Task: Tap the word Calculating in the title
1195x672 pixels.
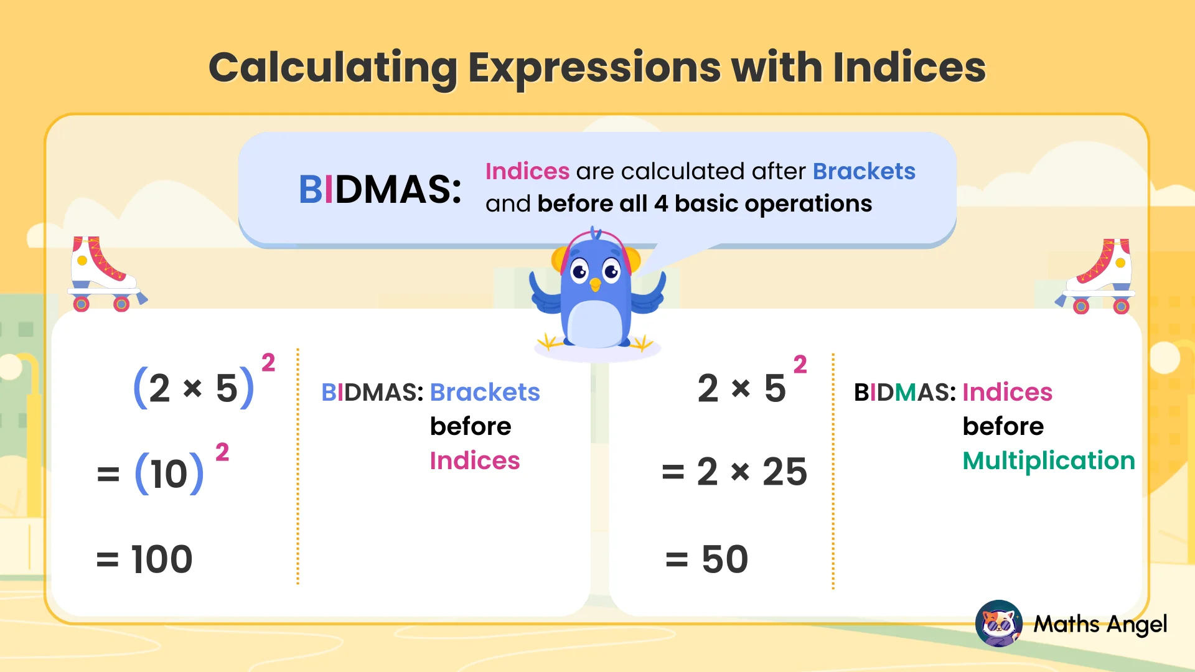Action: [333, 68]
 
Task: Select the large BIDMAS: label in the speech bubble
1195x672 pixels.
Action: [380, 189]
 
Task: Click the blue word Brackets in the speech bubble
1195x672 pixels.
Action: [864, 171]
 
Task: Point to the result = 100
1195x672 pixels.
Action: [144, 559]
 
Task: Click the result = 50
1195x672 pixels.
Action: [707, 559]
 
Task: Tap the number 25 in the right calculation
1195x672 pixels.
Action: [785, 472]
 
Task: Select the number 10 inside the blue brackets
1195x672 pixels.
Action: [169, 474]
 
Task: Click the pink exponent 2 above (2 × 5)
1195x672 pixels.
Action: [268, 362]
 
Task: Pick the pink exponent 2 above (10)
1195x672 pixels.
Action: [222, 452]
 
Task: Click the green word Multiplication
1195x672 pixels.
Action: [1049, 460]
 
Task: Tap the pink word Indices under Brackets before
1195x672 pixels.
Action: [475, 460]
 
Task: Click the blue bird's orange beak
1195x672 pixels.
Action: [596, 285]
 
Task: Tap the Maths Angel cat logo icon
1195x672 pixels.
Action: [998, 623]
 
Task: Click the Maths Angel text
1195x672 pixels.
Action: [1100, 624]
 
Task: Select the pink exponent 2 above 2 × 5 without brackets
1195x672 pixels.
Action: [800, 364]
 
